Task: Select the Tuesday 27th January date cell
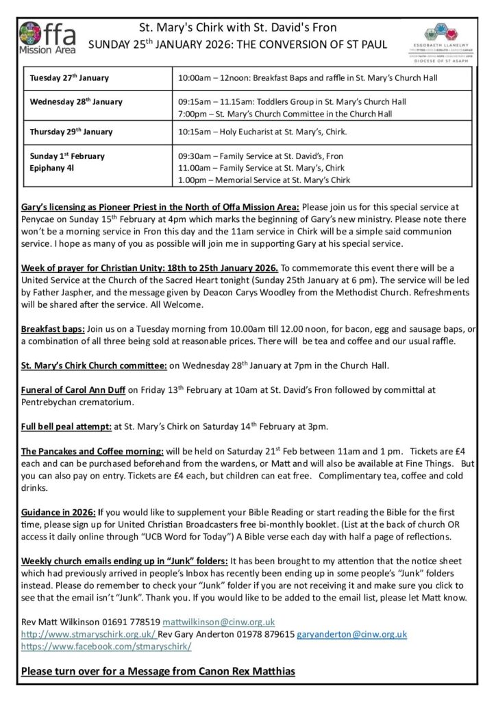(69, 78)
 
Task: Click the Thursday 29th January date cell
(71, 132)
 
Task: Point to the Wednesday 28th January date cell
(76, 102)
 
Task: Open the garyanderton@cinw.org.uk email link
(351, 634)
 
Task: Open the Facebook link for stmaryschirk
(106, 646)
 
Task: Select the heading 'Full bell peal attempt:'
(66, 426)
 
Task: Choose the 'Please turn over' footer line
(158, 671)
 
